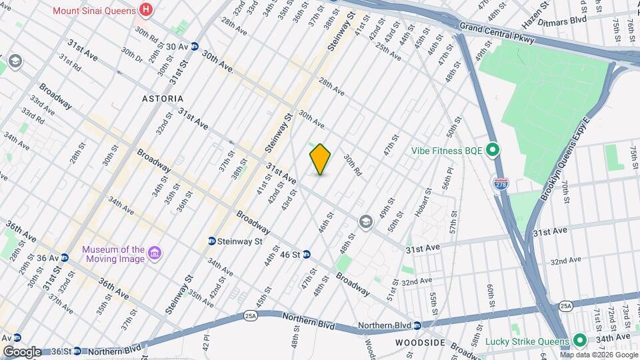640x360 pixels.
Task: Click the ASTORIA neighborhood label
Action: (163, 99)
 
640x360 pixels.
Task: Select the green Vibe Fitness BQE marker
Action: (493, 150)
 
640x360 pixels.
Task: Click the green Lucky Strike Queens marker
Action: (579, 341)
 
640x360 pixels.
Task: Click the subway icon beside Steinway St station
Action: (212, 241)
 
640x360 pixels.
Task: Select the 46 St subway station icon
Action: (306, 254)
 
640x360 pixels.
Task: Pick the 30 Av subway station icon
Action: (195, 46)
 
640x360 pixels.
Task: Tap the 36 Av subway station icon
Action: (65, 257)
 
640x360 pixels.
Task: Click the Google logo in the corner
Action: (22, 351)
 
